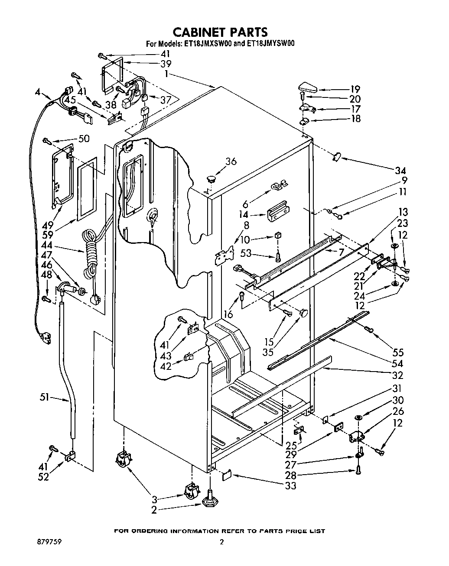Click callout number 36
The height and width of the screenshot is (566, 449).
231,161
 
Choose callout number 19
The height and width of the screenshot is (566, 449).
355,89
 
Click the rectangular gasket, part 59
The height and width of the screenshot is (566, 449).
88,189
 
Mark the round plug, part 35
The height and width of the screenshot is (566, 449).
303,312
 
